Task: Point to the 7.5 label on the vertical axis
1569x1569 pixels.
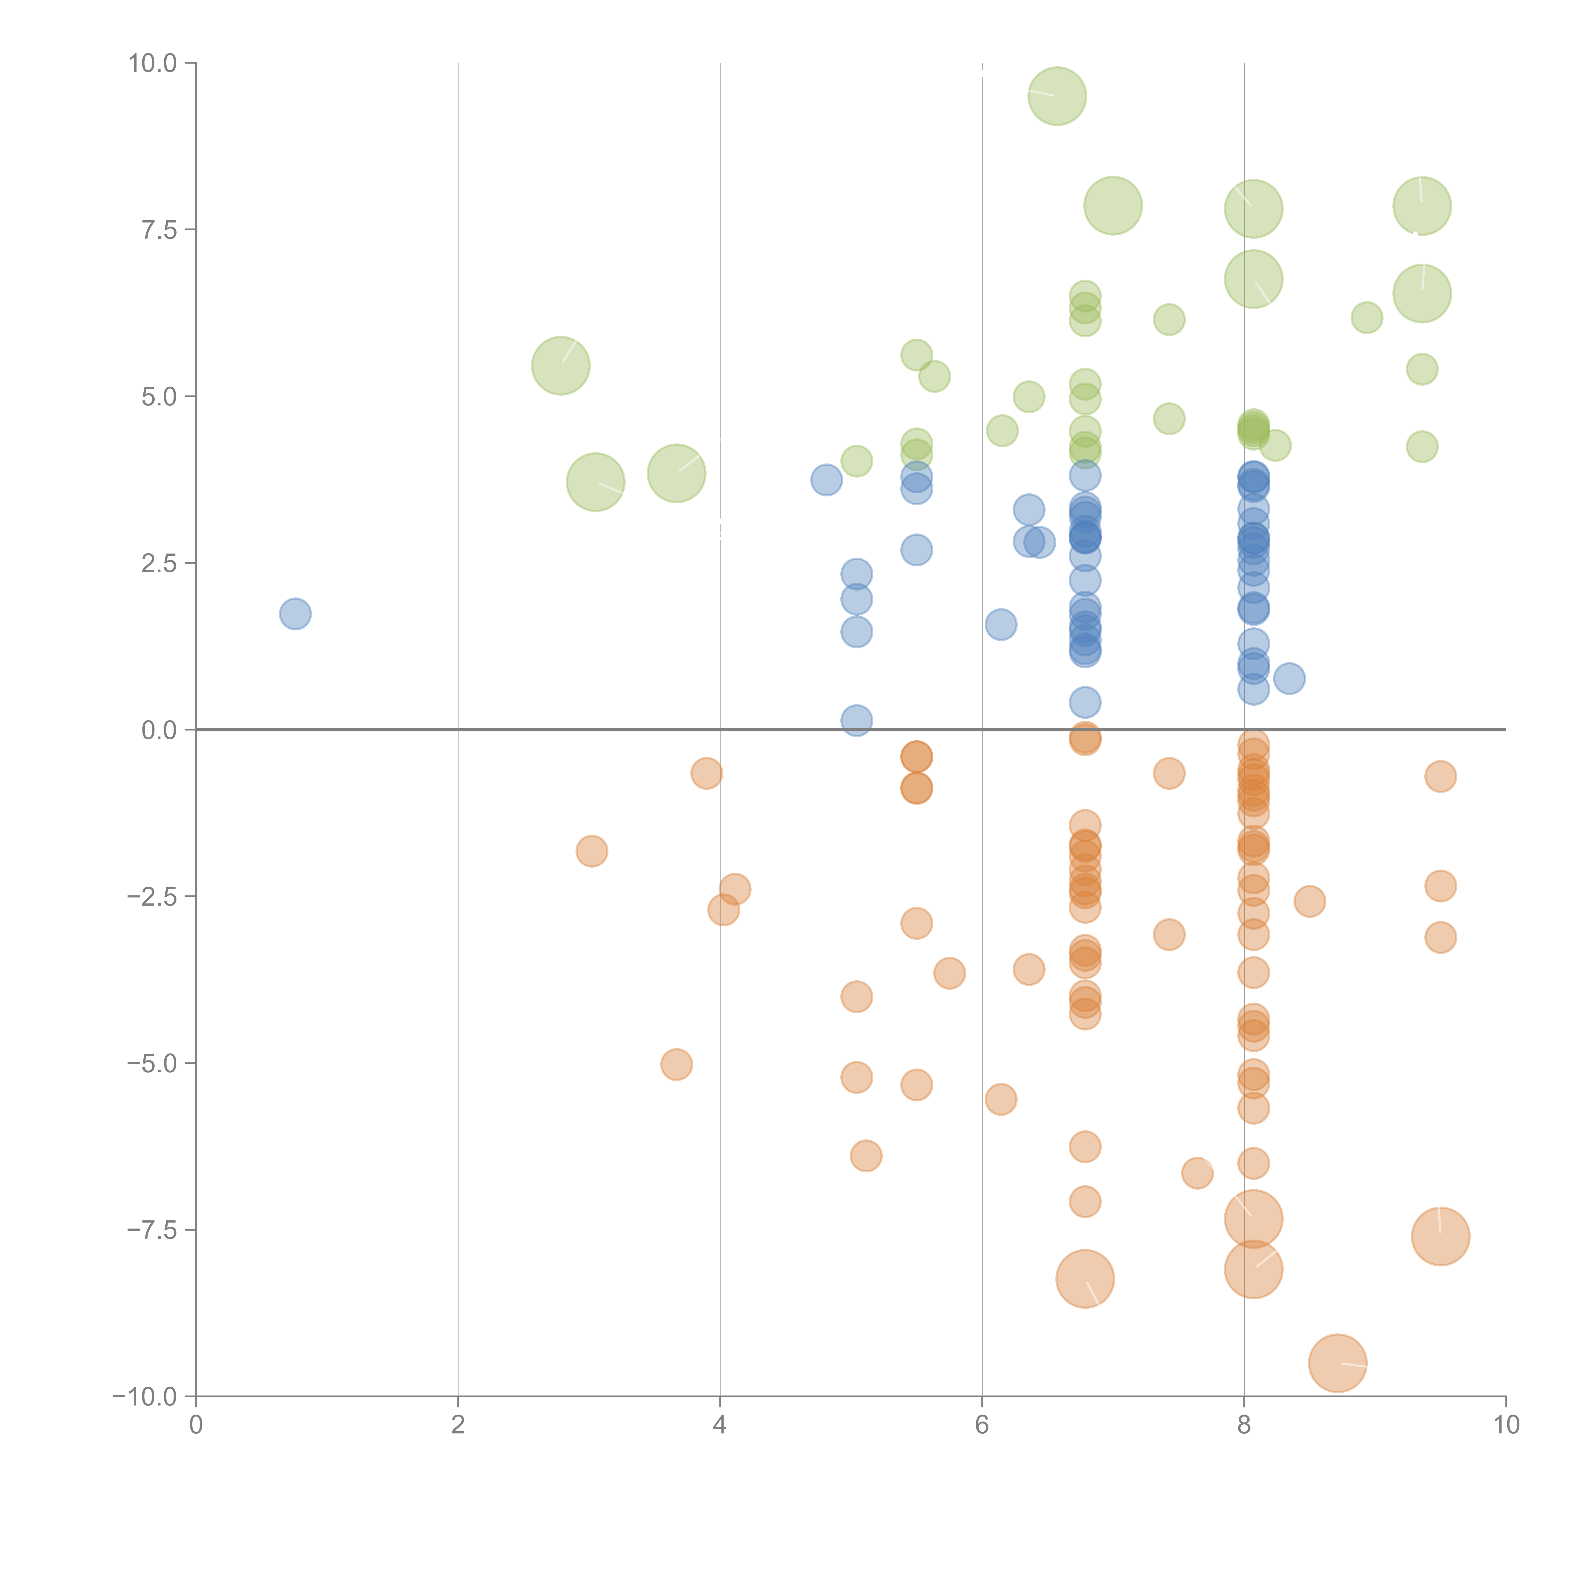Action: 159,230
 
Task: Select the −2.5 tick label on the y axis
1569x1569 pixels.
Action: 153,897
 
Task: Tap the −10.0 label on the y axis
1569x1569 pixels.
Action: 145,1397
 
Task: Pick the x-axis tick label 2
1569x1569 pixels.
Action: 458,1425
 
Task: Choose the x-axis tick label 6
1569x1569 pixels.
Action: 982,1425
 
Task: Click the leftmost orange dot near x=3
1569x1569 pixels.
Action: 592,851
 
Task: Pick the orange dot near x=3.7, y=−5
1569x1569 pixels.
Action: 677,1064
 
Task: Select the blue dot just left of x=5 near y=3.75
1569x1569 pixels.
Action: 826,480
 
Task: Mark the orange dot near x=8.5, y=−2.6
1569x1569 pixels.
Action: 1309,901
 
